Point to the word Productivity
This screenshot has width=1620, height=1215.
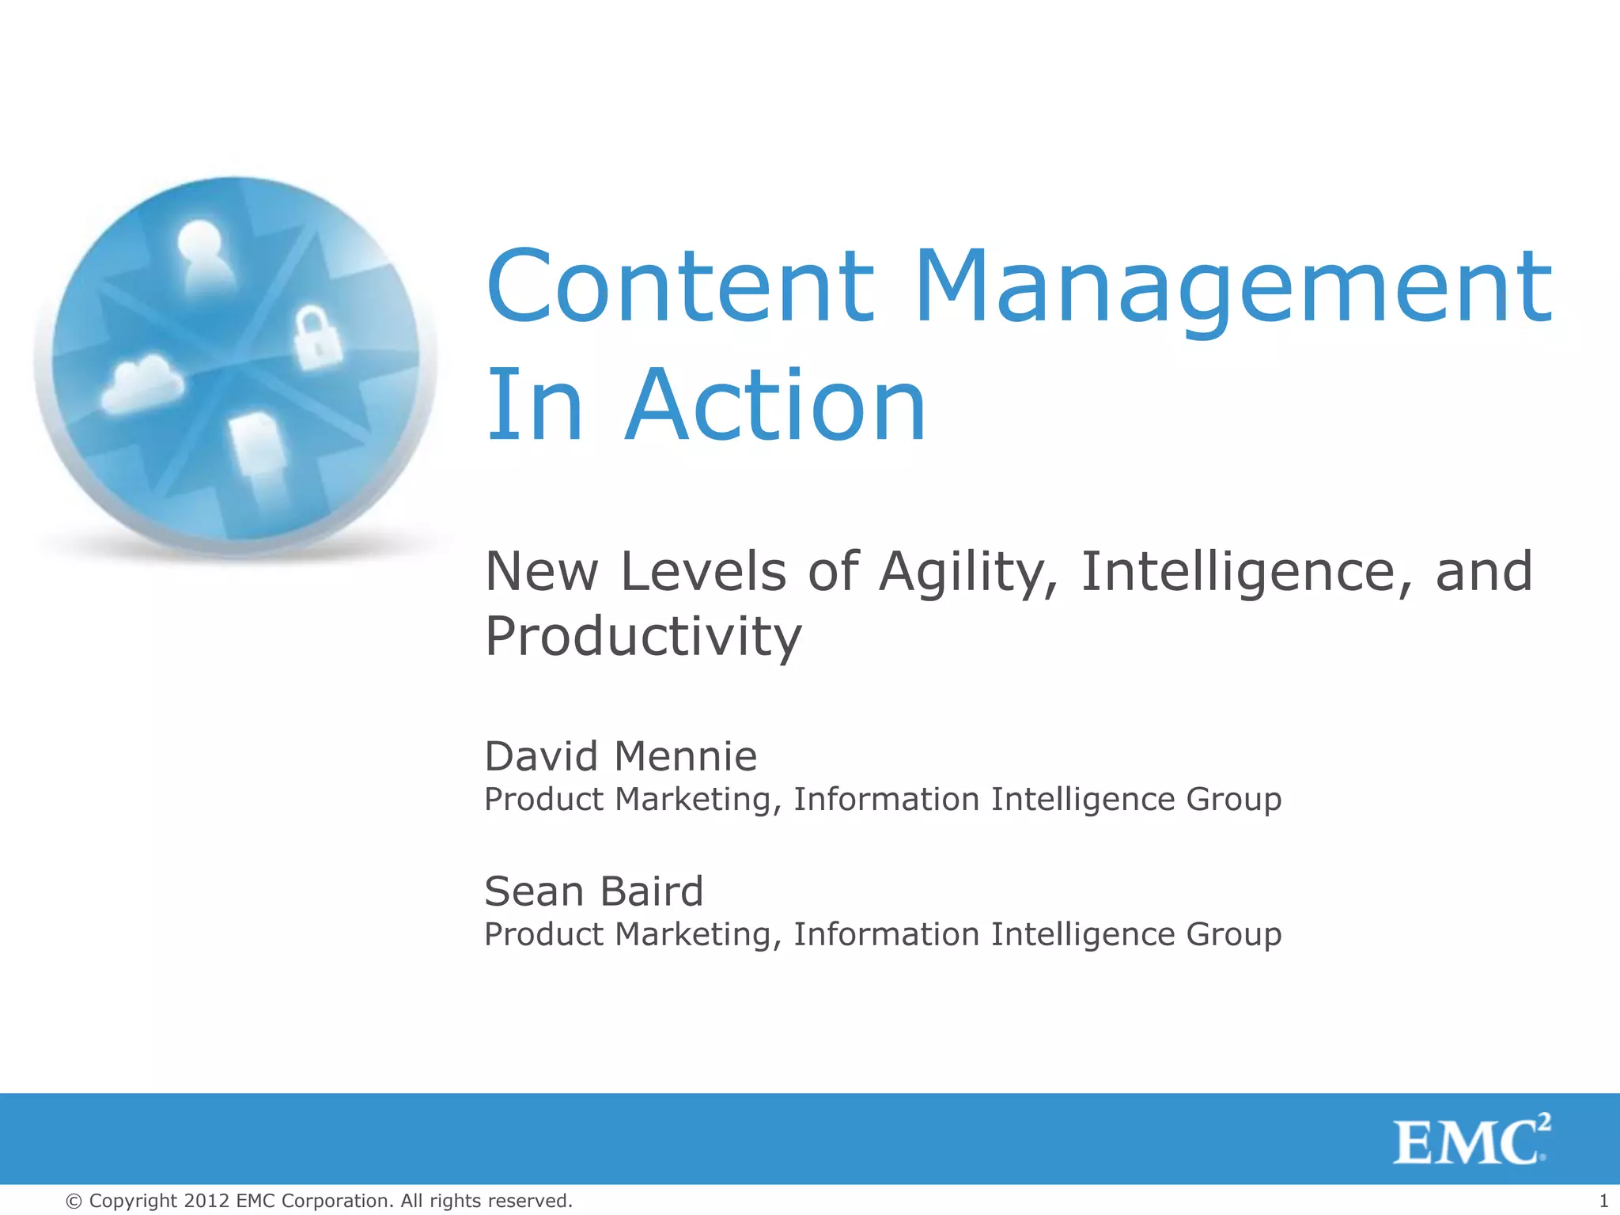pyautogui.click(x=643, y=638)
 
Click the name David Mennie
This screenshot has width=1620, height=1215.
pyautogui.click(x=620, y=756)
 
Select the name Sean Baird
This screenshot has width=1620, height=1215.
pyautogui.click(x=593, y=891)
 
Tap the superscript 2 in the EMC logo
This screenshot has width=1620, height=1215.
pyautogui.click(x=1543, y=1122)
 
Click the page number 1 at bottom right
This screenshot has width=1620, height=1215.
pyautogui.click(x=1603, y=1201)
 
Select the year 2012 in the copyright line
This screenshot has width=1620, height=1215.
pyautogui.click(x=206, y=1201)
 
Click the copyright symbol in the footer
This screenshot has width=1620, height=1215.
pyautogui.click(x=74, y=1202)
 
